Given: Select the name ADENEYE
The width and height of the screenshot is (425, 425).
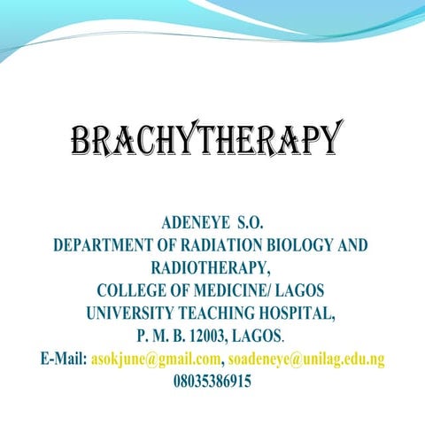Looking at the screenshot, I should (189, 221).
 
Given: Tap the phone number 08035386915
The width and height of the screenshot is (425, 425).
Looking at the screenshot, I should (212, 382).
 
